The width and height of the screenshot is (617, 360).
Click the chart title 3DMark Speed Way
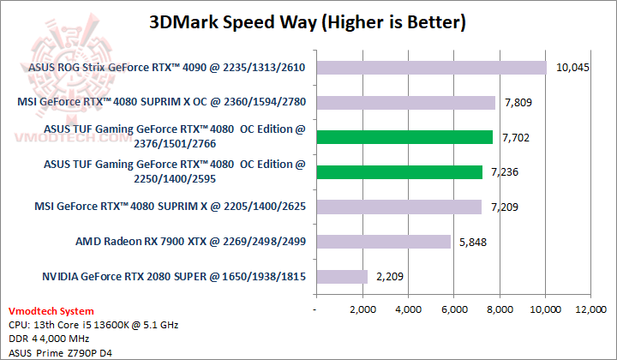click(308, 21)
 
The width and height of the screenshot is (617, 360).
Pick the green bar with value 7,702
click(404, 137)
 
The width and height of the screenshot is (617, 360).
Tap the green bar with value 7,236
click(398, 171)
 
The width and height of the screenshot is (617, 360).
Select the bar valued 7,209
click(398, 207)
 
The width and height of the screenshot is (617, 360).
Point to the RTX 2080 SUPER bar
click(341, 276)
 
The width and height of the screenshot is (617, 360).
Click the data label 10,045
click(572, 68)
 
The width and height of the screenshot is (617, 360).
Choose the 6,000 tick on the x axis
click(453, 308)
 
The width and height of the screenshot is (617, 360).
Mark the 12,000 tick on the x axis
click(591, 308)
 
